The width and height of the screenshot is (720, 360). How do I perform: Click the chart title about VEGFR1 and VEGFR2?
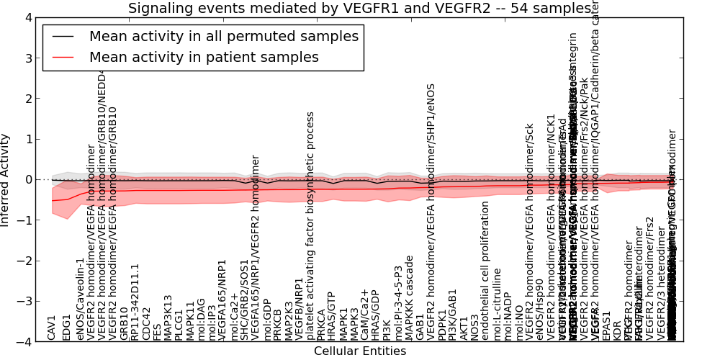tap(359, 9)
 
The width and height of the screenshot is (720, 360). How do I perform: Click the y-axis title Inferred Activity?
tap(6, 179)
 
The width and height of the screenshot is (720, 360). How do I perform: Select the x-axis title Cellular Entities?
tap(359, 351)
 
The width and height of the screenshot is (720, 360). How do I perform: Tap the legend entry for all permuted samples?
tap(223, 37)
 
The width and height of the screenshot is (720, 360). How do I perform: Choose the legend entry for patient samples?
tap(204, 58)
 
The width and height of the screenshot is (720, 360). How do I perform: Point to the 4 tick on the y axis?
tap(27, 17)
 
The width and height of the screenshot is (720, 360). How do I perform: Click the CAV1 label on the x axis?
tap(51, 328)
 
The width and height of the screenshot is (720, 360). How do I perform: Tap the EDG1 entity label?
tap(67, 327)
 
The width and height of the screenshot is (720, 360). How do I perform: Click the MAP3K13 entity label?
tap(168, 317)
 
